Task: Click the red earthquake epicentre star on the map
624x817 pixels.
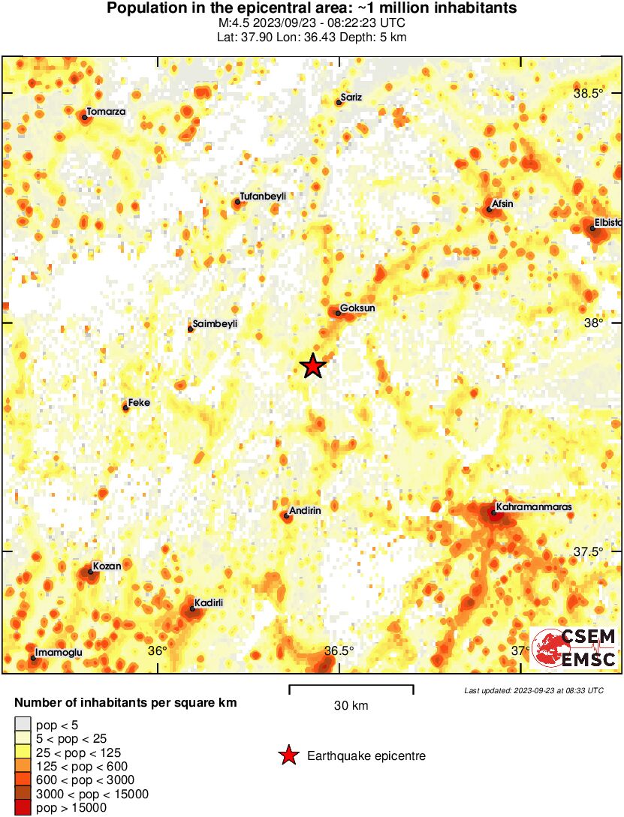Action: tap(313, 366)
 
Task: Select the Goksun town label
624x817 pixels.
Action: tap(357, 308)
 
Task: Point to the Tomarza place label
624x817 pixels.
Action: tap(106, 112)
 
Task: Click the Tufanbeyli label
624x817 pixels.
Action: tap(263, 196)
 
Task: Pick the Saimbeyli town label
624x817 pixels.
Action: tap(215, 324)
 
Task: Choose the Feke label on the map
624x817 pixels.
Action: tap(139, 403)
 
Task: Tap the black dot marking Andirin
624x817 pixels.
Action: tap(286, 515)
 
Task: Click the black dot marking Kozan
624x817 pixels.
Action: tap(90, 572)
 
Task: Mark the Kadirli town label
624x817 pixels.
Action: tap(209, 602)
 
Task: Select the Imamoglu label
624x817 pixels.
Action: tap(59, 653)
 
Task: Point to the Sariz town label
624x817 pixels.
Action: tap(351, 97)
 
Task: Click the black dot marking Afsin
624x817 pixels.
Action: tap(489, 209)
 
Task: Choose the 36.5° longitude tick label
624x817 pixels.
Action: tap(339, 650)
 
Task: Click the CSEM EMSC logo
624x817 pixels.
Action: tap(574, 647)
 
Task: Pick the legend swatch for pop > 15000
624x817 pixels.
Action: tap(23, 807)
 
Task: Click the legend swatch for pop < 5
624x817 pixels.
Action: tap(23, 725)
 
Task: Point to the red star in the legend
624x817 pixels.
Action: tap(288, 756)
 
